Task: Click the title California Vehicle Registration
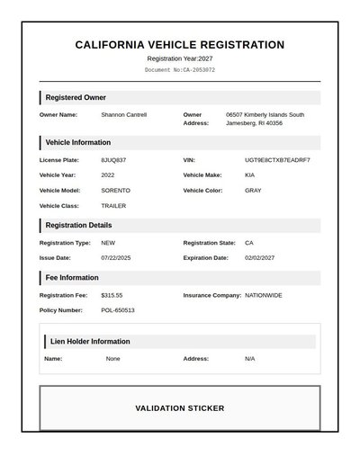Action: [180, 45]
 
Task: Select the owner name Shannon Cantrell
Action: [123, 115]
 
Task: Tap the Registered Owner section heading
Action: [76, 97]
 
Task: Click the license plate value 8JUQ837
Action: [113, 160]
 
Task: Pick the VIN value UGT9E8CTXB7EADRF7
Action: [277, 160]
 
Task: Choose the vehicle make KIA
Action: [250, 175]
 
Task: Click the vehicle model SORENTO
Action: [115, 191]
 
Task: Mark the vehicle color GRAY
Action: [253, 191]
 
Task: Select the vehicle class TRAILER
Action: [113, 206]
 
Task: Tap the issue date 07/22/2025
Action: [116, 258]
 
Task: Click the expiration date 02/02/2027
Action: [260, 258]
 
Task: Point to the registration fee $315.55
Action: [112, 295]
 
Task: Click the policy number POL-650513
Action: [118, 310]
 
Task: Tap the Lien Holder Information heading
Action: [90, 342]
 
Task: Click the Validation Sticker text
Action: [180, 408]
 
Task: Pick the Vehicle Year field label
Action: [58, 175]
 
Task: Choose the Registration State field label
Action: [210, 243]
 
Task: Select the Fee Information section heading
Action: [72, 278]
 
